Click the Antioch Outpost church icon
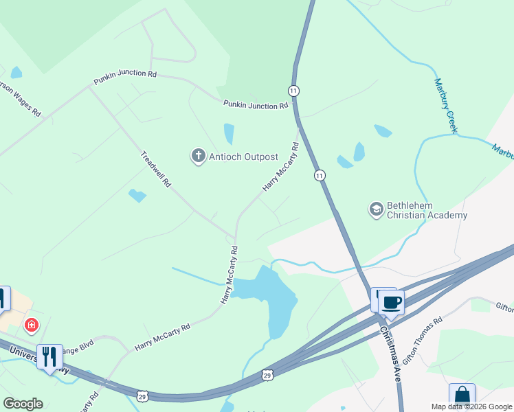[x=199, y=156]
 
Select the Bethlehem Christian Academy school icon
[x=376, y=208]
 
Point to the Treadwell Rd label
[x=155, y=170]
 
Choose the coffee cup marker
[x=392, y=302]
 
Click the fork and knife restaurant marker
[x=49, y=356]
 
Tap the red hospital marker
[x=31, y=325]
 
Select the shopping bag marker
[x=462, y=396]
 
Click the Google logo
[x=23, y=404]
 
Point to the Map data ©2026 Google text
[x=472, y=407]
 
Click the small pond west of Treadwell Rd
[x=137, y=196]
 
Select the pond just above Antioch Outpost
[x=229, y=133]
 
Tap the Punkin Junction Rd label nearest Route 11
[x=256, y=105]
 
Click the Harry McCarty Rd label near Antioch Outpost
[x=280, y=167]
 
